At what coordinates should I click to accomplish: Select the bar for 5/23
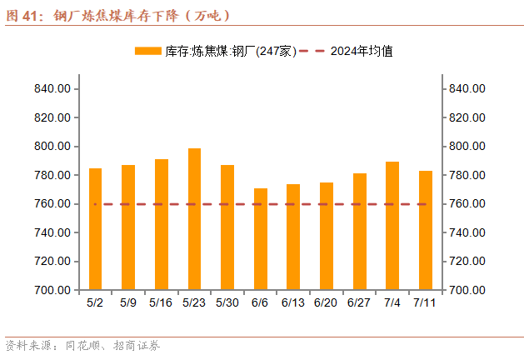[194, 219]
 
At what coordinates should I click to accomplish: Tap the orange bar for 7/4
[392, 226]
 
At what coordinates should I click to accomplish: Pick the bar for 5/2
[95, 229]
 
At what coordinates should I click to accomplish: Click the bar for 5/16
[162, 224]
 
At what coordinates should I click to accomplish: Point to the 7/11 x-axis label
[425, 302]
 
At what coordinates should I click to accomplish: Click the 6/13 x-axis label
[293, 302]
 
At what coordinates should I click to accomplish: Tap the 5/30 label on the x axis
[227, 302]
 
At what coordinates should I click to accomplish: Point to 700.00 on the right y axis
[468, 291]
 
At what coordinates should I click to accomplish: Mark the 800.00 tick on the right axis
[468, 147]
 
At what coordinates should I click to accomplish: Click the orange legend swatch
[147, 51]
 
